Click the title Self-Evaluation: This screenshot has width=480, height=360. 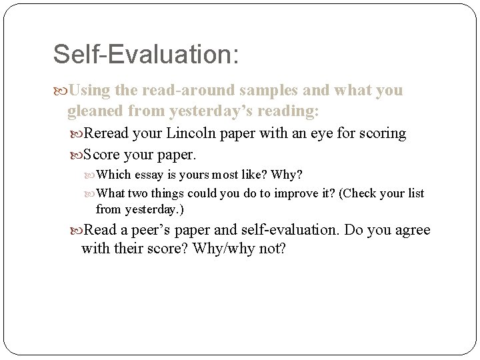pyautogui.click(x=145, y=55)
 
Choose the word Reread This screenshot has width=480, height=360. pyautogui.click(x=105, y=133)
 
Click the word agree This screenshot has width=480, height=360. pyautogui.click(x=411, y=231)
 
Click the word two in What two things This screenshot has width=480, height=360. pyautogui.click(x=138, y=193)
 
